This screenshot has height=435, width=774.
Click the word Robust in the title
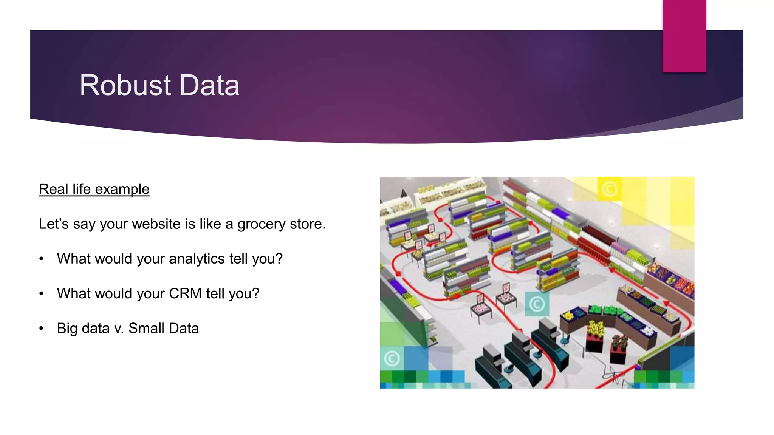pyautogui.click(x=125, y=85)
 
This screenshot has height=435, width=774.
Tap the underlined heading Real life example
pyautogui.click(x=94, y=189)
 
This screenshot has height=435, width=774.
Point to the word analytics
pyautogui.click(x=197, y=259)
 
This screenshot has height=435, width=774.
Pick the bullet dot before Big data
pyautogui.click(x=41, y=329)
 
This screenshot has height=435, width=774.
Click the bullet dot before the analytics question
pyautogui.click(x=41, y=259)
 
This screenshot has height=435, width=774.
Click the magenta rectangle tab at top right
pyautogui.click(x=684, y=36)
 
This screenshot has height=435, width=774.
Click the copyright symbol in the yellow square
pyautogui.click(x=609, y=189)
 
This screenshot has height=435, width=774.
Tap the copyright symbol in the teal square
pyautogui.click(x=537, y=304)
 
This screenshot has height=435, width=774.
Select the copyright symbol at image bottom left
pyautogui.click(x=392, y=358)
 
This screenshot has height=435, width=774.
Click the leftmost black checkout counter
pyautogui.click(x=491, y=364)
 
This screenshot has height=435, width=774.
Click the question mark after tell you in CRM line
pyautogui.click(x=256, y=293)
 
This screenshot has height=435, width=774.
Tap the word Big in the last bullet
pyautogui.click(x=67, y=329)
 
